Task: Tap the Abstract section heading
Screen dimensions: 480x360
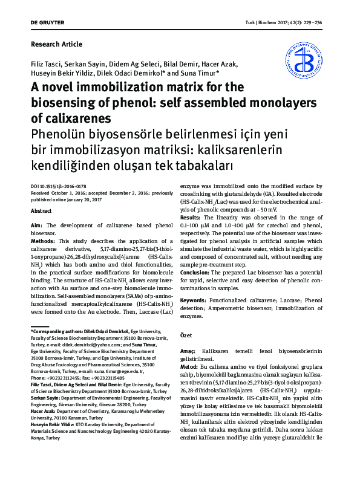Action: pyautogui.click(x=41, y=210)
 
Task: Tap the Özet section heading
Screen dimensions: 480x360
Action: pyautogui.click(x=187, y=336)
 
